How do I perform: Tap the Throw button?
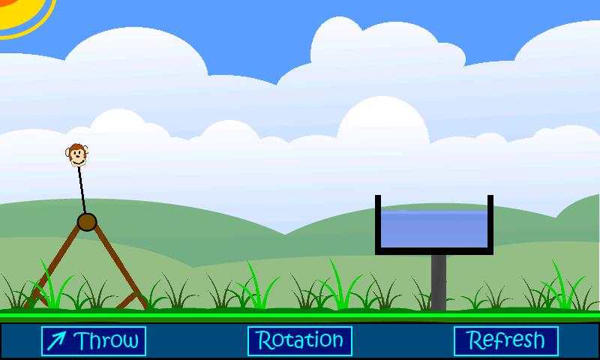(x=94, y=341)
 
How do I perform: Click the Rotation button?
(x=300, y=341)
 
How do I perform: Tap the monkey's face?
(x=76, y=156)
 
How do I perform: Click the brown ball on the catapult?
(x=87, y=222)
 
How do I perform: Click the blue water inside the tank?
(x=434, y=228)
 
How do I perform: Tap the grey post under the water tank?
(x=439, y=281)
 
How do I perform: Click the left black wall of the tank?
(x=378, y=221)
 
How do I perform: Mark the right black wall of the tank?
(x=490, y=221)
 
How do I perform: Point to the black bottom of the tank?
(x=434, y=250)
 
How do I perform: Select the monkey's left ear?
(x=68, y=154)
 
